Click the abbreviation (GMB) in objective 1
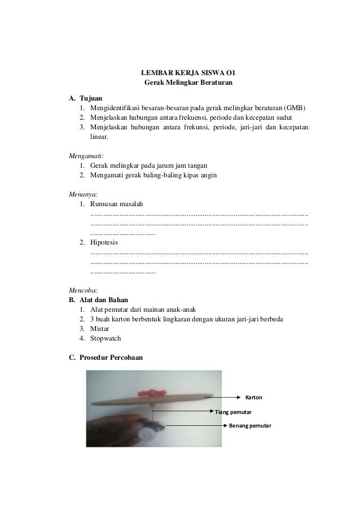coord(296,107)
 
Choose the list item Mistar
coord(100,329)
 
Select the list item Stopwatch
coord(106,338)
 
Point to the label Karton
coord(253,398)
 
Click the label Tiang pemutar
coord(234,412)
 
